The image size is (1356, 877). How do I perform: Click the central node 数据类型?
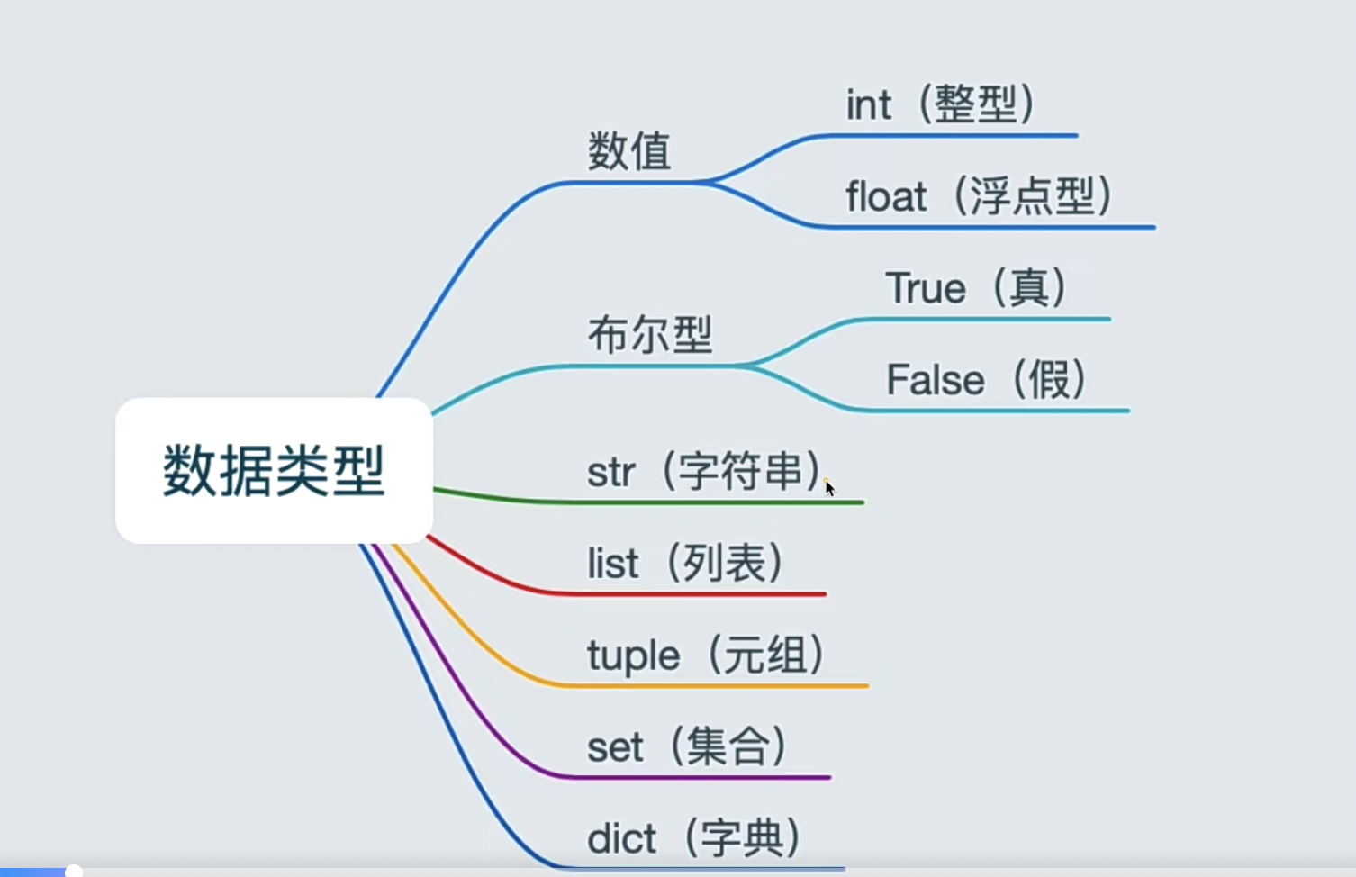(x=274, y=470)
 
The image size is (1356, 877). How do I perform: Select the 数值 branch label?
(x=629, y=150)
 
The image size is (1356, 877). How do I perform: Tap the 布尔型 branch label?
(x=650, y=334)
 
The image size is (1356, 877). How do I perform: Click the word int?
(x=868, y=105)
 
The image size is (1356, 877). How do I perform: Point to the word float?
(x=886, y=196)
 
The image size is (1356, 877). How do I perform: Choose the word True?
(x=926, y=288)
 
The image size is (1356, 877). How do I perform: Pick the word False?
(x=935, y=379)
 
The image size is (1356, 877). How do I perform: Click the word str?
(x=610, y=473)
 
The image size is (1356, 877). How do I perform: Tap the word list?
(x=612, y=565)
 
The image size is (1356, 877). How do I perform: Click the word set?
(x=615, y=747)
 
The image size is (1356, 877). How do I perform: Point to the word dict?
(x=621, y=839)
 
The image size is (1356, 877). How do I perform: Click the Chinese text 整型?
(x=976, y=104)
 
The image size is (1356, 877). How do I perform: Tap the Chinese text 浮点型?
(x=1032, y=196)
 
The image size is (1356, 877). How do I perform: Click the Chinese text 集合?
(x=728, y=746)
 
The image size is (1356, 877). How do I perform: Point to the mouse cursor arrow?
(x=829, y=488)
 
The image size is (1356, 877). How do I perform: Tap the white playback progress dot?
(x=74, y=871)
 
